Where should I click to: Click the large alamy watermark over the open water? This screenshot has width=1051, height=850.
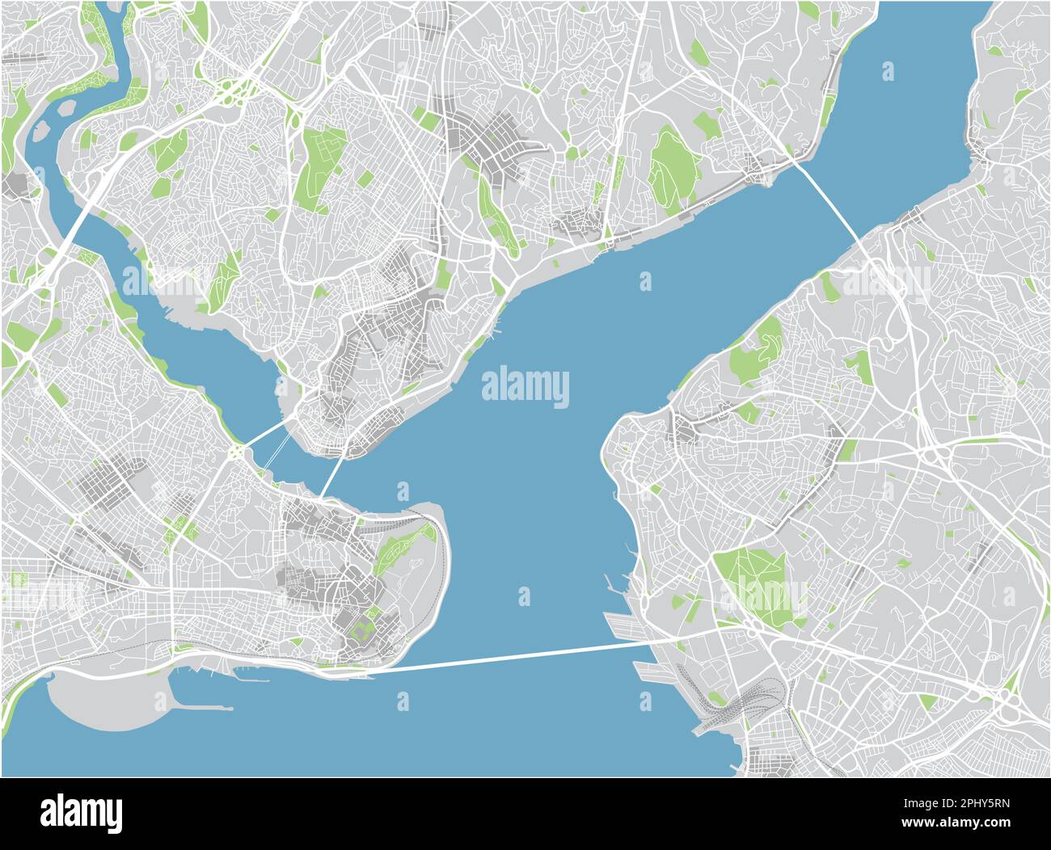click(x=525, y=386)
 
